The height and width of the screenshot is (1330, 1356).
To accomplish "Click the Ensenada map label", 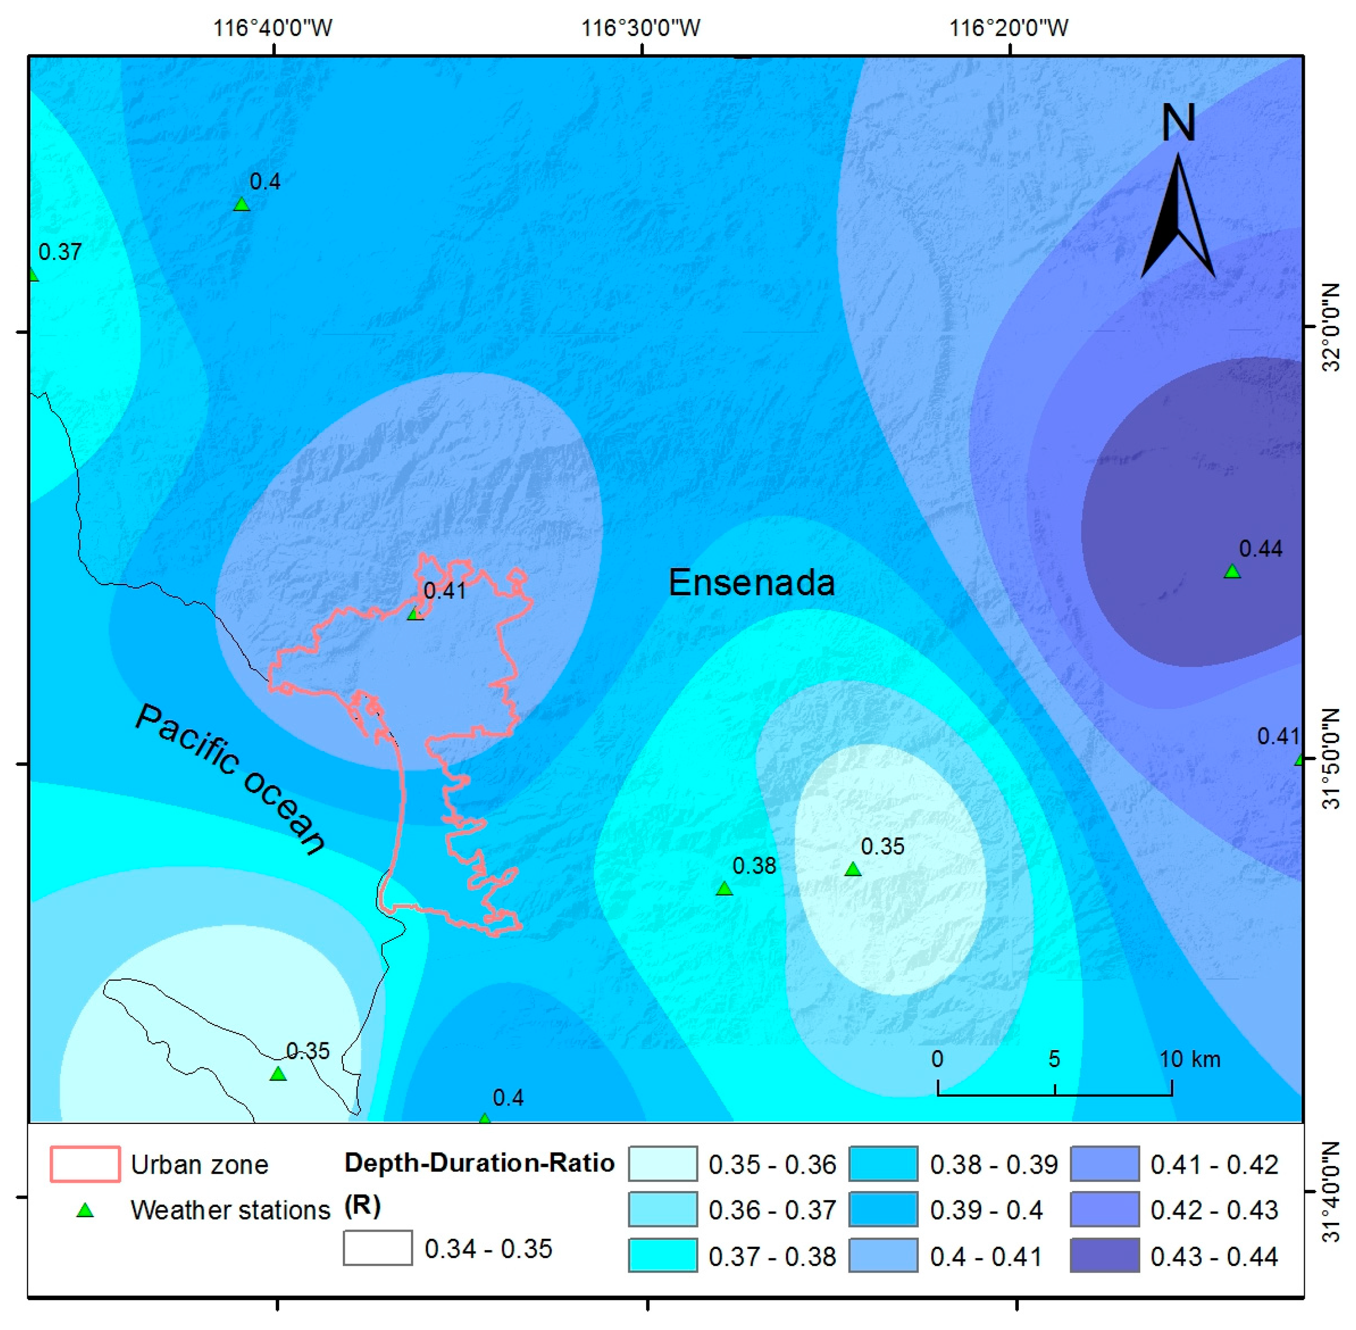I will pos(751,582).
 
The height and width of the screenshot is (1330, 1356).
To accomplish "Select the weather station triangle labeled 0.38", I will pos(724,889).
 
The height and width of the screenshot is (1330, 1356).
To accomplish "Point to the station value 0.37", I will pos(60,252).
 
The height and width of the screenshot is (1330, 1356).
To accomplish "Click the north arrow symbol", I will pos(1178,216).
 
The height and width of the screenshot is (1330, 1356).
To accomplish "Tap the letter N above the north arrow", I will pos(1178,123).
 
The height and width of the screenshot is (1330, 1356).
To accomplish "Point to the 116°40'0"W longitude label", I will pos(272,28).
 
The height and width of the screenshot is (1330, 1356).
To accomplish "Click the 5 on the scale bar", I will pos(1054,1059).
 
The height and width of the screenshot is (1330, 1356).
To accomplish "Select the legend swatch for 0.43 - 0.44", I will pos(1104,1255).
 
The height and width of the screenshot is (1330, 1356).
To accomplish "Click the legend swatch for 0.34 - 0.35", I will pos(377,1247).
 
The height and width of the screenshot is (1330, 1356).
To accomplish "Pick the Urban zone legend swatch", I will pos(85,1164).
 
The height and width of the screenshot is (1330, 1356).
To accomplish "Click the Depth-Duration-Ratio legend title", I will pos(479,1163).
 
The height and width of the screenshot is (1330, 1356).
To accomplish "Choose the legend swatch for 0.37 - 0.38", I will pos(662,1255).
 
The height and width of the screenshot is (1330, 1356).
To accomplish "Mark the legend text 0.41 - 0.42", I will pos(1214,1164).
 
